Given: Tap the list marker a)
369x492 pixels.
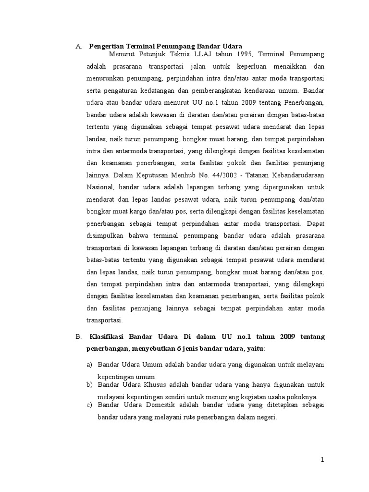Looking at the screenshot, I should (89, 365).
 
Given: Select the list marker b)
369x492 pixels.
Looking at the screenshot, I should (89, 385).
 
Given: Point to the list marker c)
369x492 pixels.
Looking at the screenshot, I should (89, 405).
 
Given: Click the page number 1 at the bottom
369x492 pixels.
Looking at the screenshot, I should (323, 460).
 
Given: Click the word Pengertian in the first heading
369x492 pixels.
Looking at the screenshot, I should (106, 46).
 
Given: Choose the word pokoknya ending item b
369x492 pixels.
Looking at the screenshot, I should (301, 396).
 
